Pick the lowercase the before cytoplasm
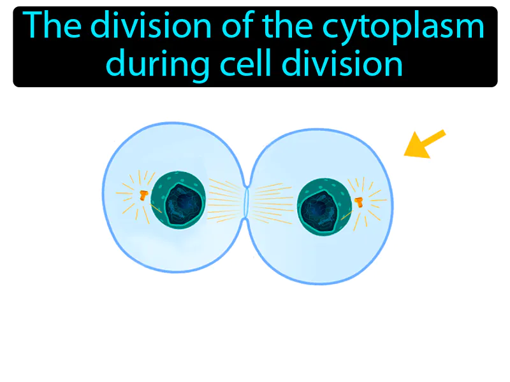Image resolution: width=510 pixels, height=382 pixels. click(266, 29)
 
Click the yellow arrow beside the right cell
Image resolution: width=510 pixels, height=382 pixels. click(425, 143)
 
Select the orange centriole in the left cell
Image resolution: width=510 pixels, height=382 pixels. click(143, 195)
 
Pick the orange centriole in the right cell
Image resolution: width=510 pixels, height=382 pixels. click(359, 202)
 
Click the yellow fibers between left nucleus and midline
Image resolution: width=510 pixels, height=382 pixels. click(223, 197)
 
